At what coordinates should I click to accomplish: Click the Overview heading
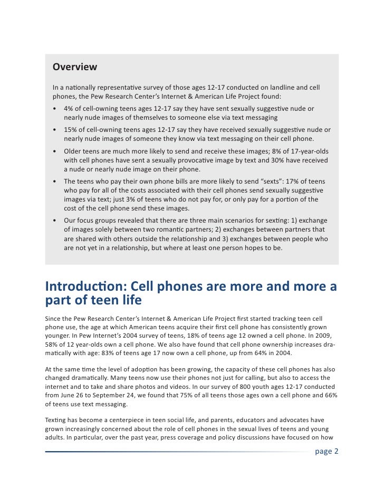(74, 67)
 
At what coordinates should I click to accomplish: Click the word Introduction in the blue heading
(85, 286)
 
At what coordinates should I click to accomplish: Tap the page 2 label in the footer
(327, 451)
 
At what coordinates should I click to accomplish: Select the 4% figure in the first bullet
(69, 108)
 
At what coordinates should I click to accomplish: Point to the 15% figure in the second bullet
(71, 130)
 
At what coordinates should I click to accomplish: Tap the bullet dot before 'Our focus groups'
(55, 221)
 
